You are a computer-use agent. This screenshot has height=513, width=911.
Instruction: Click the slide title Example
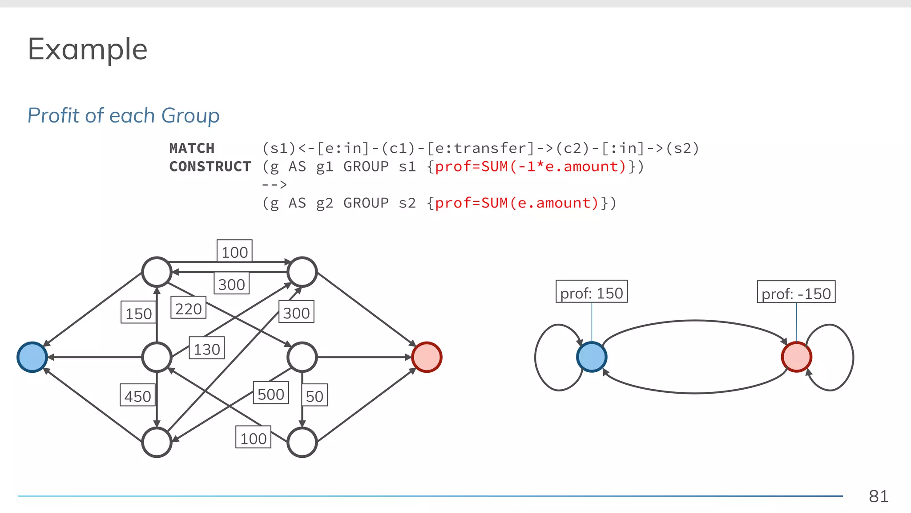[x=88, y=49]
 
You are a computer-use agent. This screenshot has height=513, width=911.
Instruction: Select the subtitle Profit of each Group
[x=123, y=116]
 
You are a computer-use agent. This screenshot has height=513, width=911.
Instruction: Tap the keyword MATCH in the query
[x=192, y=148]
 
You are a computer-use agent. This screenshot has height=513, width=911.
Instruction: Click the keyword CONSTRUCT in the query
[x=210, y=167]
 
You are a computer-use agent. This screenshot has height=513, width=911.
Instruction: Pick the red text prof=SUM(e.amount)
[x=517, y=203]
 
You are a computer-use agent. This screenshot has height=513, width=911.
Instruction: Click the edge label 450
[x=137, y=396]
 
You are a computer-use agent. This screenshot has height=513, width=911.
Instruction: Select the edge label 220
[x=188, y=308]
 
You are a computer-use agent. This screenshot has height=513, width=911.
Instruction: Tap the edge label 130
[x=206, y=349]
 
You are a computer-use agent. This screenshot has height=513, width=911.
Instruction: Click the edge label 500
[x=270, y=394]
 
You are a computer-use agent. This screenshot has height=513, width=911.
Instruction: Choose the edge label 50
[x=314, y=395]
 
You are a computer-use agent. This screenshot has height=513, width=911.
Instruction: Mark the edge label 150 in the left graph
[x=138, y=313]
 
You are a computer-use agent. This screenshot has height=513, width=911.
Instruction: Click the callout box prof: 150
[x=591, y=293]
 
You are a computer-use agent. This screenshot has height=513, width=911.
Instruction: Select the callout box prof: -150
[x=796, y=293]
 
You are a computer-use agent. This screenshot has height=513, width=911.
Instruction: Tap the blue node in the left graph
[x=32, y=357]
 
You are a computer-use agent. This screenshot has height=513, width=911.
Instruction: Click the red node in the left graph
[x=427, y=357]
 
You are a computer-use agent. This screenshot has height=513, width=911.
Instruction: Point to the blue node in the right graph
[x=591, y=357]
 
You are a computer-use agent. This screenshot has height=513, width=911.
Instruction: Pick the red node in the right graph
[x=796, y=357]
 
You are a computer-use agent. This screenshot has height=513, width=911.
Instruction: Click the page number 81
[x=878, y=496]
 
